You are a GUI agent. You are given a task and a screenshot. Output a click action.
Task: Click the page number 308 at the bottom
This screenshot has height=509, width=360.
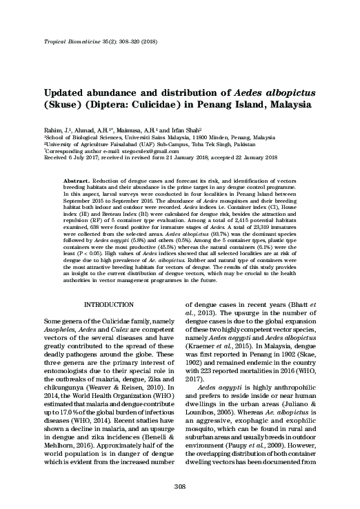pos(179,488)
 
